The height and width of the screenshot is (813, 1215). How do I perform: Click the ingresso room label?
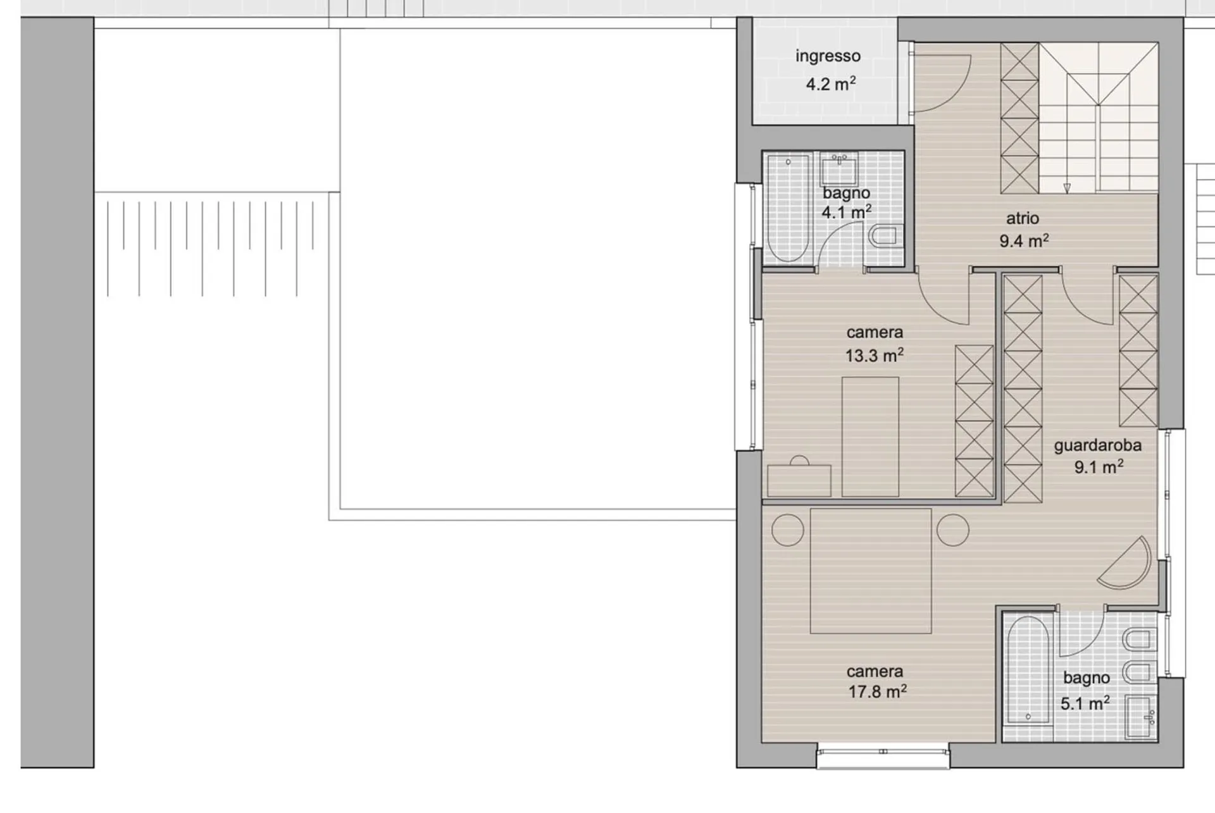pyautogui.click(x=828, y=56)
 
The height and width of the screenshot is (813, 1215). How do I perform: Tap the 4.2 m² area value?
pyautogui.click(x=830, y=84)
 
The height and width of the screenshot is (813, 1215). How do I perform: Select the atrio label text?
pyautogui.click(x=1023, y=218)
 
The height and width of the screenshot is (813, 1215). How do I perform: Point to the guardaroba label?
pyautogui.click(x=1097, y=445)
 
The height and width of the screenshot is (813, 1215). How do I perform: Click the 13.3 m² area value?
pyautogui.click(x=875, y=355)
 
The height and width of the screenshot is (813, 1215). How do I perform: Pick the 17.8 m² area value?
pyautogui.click(x=877, y=692)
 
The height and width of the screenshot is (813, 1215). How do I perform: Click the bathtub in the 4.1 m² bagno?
pyautogui.click(x=788, y=208)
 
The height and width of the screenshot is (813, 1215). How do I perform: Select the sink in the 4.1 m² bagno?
pyautogui.click(x=839, y=169)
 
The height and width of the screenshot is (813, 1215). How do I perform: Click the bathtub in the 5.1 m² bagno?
pyautogui.click(x=1028, y=670)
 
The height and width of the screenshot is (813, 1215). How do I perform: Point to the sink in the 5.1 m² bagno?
pyautogui.click(x=1142, y=717)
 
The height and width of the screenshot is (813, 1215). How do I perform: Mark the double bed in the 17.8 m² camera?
pyautogui.click(x=871, y=571)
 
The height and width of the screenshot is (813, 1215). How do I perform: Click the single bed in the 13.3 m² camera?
pyautogui.click(x=870, y=437)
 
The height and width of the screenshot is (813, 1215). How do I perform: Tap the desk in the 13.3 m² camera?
pyautogui.click(x=799, y=481)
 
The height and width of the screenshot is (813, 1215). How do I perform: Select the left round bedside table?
pyautogui.click(x=788, y=530)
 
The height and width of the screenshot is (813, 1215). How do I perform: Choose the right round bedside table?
pyautogui.click(x=953, y=530)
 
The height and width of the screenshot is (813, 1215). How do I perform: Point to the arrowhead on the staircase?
pyautogui.click(x=1067, y=188)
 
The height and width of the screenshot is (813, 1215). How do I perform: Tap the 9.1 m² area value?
pyautogui.click(x=1099, y=467)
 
